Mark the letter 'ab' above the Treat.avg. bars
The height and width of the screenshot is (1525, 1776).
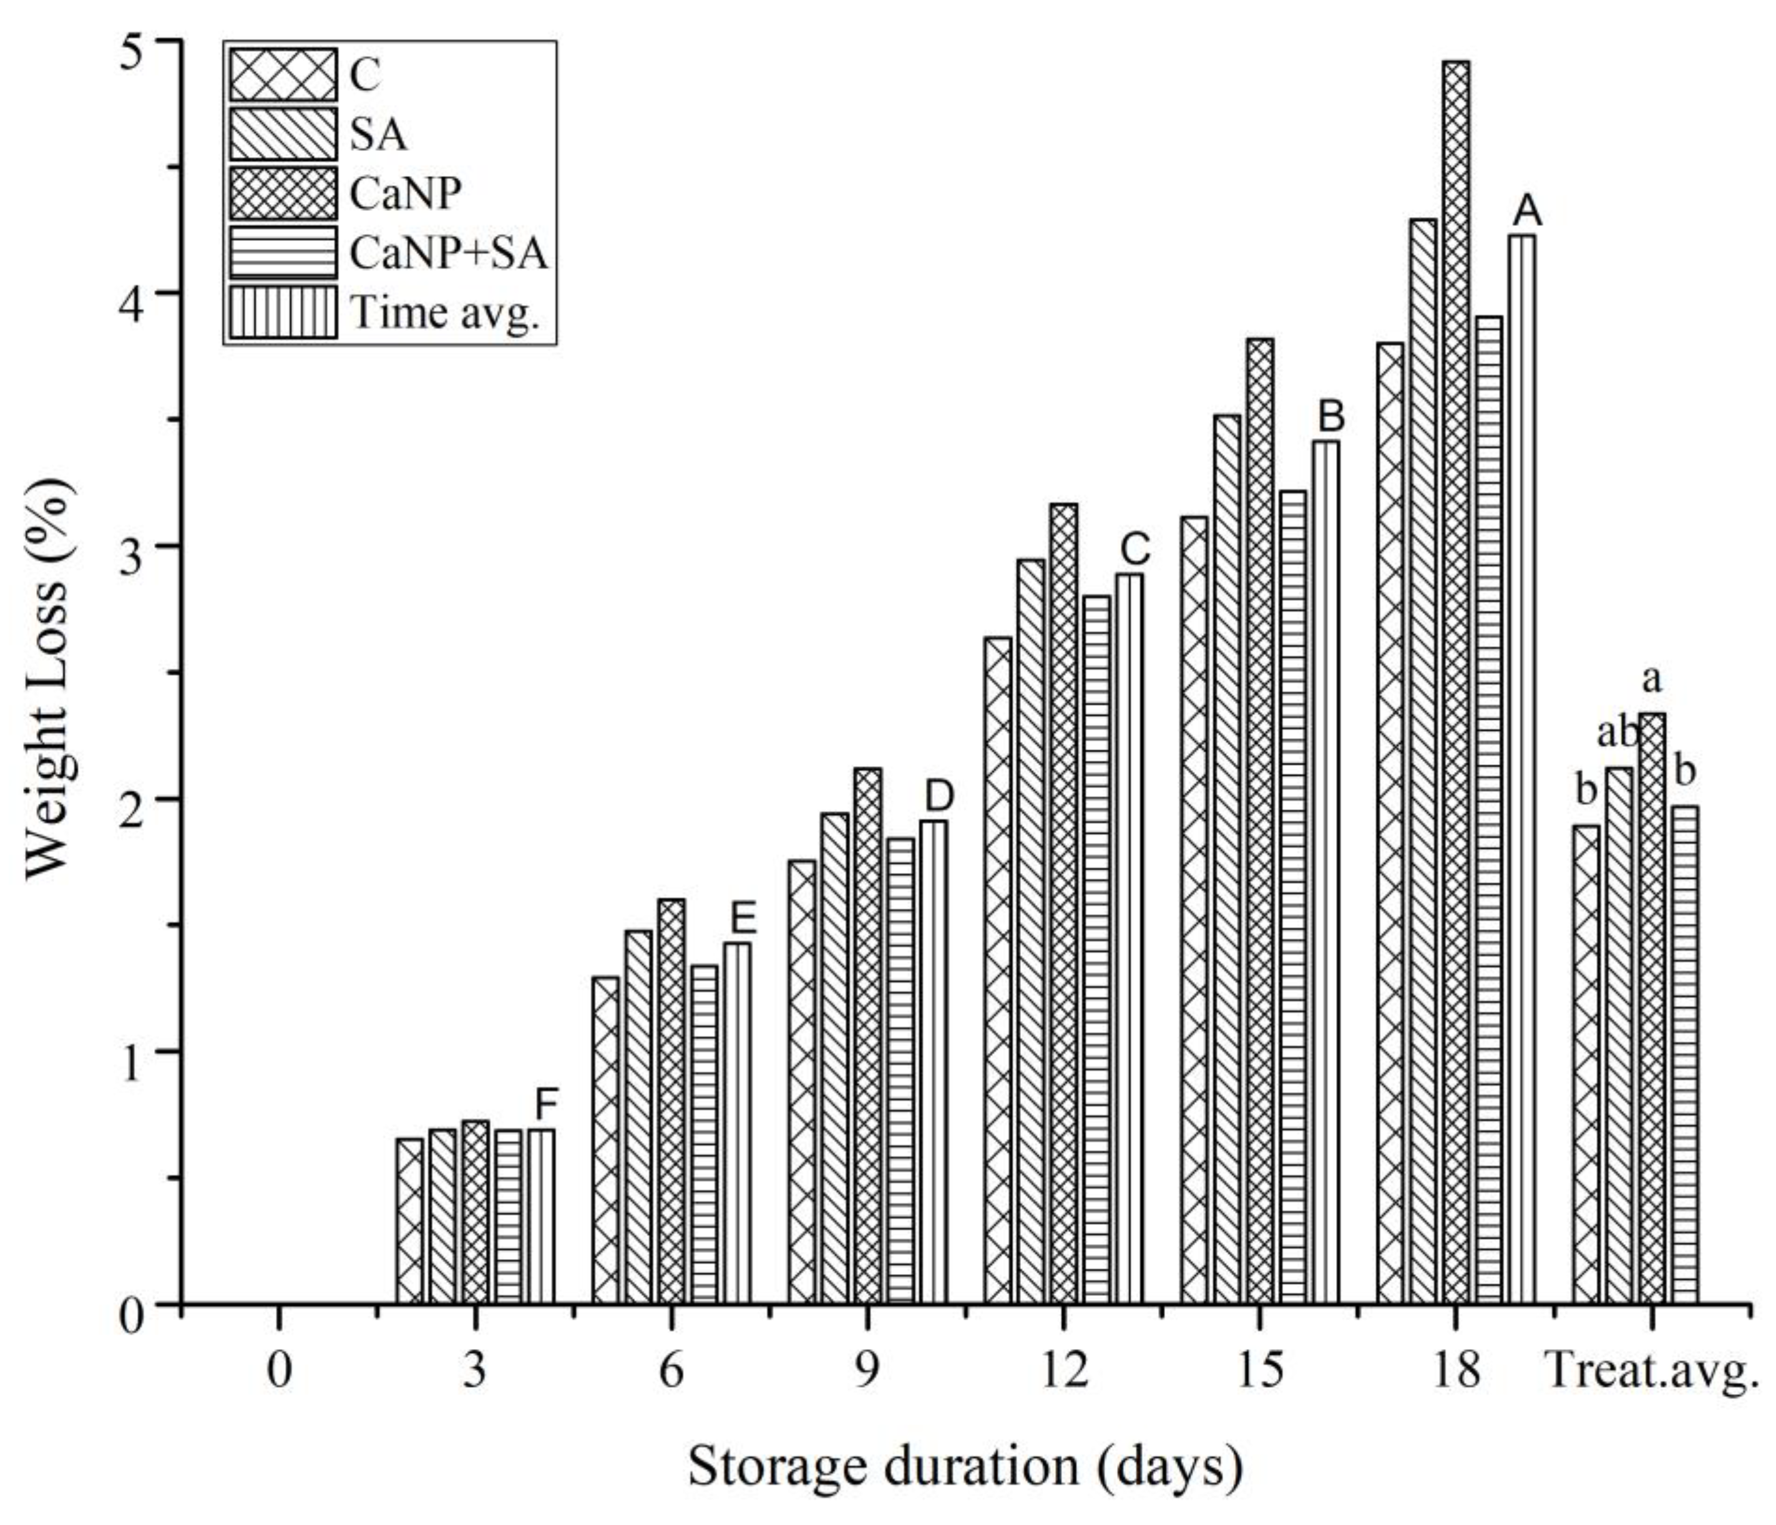point(1617,734)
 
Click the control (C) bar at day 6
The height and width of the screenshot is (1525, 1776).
point(605,1140)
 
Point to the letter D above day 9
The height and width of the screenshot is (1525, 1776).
point(939,796)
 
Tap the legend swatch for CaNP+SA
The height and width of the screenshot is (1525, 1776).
point(282,253)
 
